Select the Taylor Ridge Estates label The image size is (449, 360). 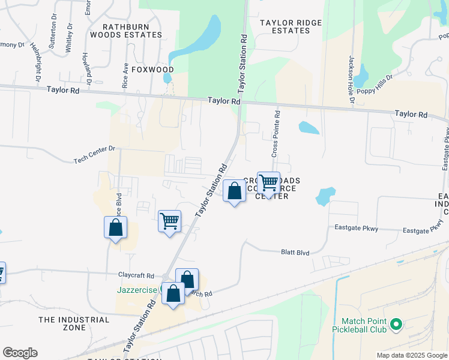pos(291,26)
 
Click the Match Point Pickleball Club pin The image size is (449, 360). pos(396,325)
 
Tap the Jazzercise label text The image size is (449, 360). pos(137,289)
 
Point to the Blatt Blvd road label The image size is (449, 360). pos(295,253)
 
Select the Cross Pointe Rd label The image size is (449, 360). pos(275,133)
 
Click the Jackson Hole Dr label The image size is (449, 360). pos(351,80)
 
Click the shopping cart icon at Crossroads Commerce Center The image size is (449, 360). pos(268,182)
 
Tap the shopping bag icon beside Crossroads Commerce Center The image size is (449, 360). pos(235,191)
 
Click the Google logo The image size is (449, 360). pos(20,353)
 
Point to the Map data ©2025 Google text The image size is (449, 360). pos(411,355)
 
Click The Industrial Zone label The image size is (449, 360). pos(74,324)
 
